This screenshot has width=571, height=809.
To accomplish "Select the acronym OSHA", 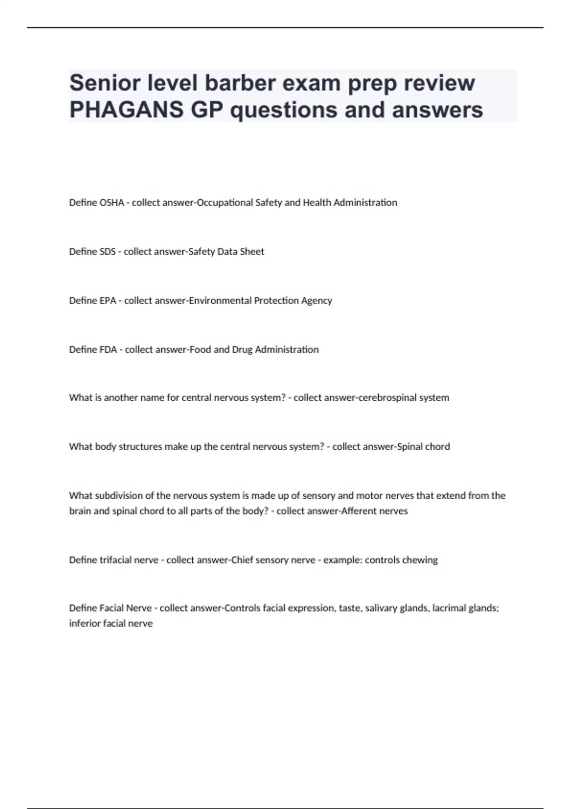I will pyautogui.click(x=111, y=203).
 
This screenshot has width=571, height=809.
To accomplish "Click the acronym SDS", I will pyautogui.click(x=107, y=252).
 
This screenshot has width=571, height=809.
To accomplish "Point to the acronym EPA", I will pyautogui.click(x=108, y=301).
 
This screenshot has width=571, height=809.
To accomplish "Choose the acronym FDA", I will pyautogui.click(x=108, y=350).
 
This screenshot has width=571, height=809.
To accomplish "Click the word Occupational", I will pyautogui.click(x=225, y=203).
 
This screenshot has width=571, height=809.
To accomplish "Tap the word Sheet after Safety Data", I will pyautogui.click(x=252, y=252).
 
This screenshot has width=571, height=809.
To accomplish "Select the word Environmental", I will pyautogui.click(x=220, y=301).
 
